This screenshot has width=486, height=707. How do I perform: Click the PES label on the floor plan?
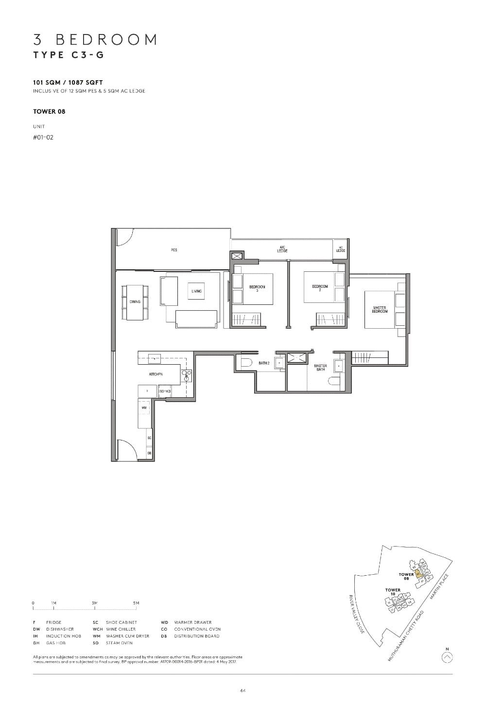(174, 250)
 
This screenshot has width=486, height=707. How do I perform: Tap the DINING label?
(135, 301)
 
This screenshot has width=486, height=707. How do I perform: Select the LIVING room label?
(196, 291)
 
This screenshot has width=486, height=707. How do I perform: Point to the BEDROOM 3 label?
(257, 288)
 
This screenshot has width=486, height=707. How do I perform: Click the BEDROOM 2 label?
(320, 288)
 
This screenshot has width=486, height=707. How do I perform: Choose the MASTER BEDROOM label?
(380, 309)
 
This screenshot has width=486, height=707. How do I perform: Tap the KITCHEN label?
(156, 374)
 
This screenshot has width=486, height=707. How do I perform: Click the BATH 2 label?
(264, 363)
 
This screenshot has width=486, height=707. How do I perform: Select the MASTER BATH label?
(320, 367)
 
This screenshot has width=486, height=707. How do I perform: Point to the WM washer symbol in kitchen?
(144, 407)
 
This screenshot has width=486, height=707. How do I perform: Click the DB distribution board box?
(149, 453)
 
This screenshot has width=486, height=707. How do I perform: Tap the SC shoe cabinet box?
(149, 438)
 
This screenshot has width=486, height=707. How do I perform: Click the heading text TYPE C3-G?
(69, 55)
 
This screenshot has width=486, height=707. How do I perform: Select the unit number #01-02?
(43, 137)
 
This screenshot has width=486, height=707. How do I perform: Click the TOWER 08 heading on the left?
(49, 111)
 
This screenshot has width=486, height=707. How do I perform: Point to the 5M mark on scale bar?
(136, 603)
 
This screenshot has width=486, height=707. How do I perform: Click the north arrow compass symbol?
(448, 657)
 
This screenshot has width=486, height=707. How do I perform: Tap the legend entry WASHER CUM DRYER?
(127, 636)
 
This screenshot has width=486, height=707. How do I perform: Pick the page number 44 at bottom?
(243, 690)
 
